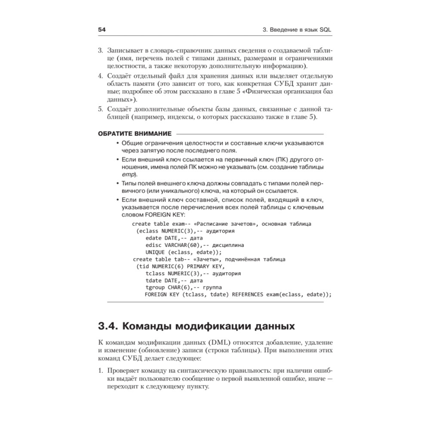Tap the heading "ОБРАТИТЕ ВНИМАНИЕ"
(135, 133)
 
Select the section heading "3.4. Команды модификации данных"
(197, 326)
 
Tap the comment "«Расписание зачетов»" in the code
(226, 224)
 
